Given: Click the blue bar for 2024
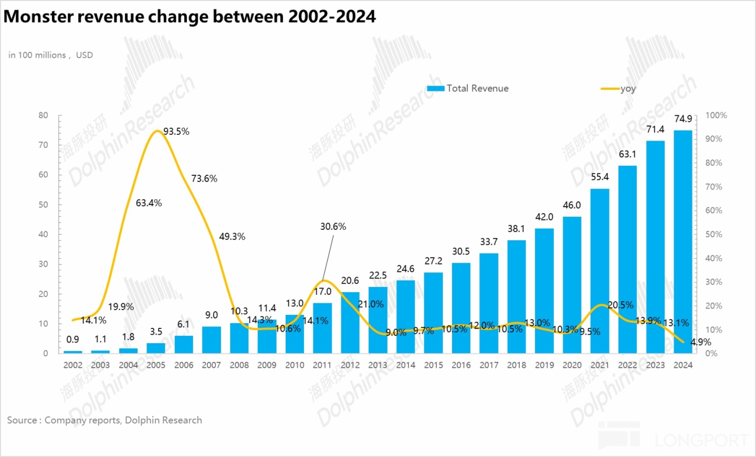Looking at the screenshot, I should (x=682, y=241).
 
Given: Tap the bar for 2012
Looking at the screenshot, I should (x=350, y=322).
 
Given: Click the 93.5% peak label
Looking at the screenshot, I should (x=176, y=132).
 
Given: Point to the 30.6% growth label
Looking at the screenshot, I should (x=333, y=227).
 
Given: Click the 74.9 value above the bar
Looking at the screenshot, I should (x=683, y=119).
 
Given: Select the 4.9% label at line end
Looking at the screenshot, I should (x=701, y=342).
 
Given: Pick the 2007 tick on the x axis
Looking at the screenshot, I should (x=211, y=365).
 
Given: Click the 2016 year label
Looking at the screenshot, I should (x=461, y=365).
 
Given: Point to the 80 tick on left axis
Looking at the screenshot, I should (x=43, y=115).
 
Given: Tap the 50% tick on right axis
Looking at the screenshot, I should (x=713, y=235).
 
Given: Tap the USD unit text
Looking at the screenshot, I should (x=85, y=55).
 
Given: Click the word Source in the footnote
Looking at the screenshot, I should (x=22, y=420).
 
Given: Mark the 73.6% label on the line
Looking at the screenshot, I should (x=204, y=179).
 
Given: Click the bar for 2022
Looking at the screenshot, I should (x=627, y=259).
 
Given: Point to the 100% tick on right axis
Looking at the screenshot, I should (x=716, y=115).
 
